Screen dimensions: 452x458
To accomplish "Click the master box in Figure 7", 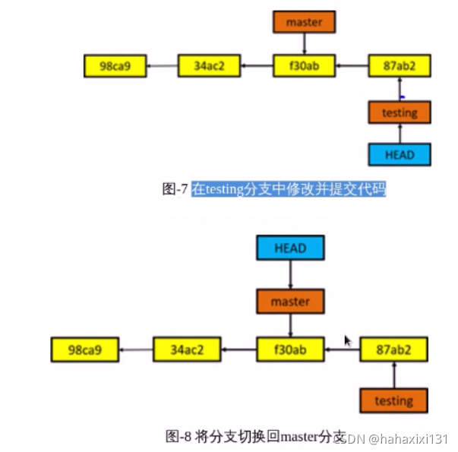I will [x=304, y=22].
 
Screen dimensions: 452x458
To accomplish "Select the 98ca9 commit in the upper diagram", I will [x=114, y=66].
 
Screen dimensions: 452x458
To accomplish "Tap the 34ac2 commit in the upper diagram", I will [x=209, y=66].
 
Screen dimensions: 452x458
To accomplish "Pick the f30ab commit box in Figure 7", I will [x=304, y=66].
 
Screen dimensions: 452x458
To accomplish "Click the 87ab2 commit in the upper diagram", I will [x=400, y=66].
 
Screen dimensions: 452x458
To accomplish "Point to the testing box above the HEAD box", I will [x=400, y=112].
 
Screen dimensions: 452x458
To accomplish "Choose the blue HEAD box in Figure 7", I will [x=400, y=154].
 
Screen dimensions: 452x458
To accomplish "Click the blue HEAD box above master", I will [x=290, y=248].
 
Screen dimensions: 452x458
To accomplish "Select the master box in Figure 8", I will [x=290, y=301].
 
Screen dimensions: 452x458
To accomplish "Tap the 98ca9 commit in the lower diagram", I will [x=84, y=350].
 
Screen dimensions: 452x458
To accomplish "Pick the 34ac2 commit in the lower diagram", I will [x=187, y=350].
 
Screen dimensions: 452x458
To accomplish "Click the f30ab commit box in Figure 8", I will [x=290, y=350].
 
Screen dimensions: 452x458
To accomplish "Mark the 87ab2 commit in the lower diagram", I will [x=394, y=350].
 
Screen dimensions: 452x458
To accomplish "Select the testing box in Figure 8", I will [x=394, y=400].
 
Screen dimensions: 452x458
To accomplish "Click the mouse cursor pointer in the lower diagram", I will [x=348, y=341].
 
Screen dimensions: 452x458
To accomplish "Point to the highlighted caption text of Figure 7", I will [x=289, y=188].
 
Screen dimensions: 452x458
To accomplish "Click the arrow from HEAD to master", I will [x=290, y=274].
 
